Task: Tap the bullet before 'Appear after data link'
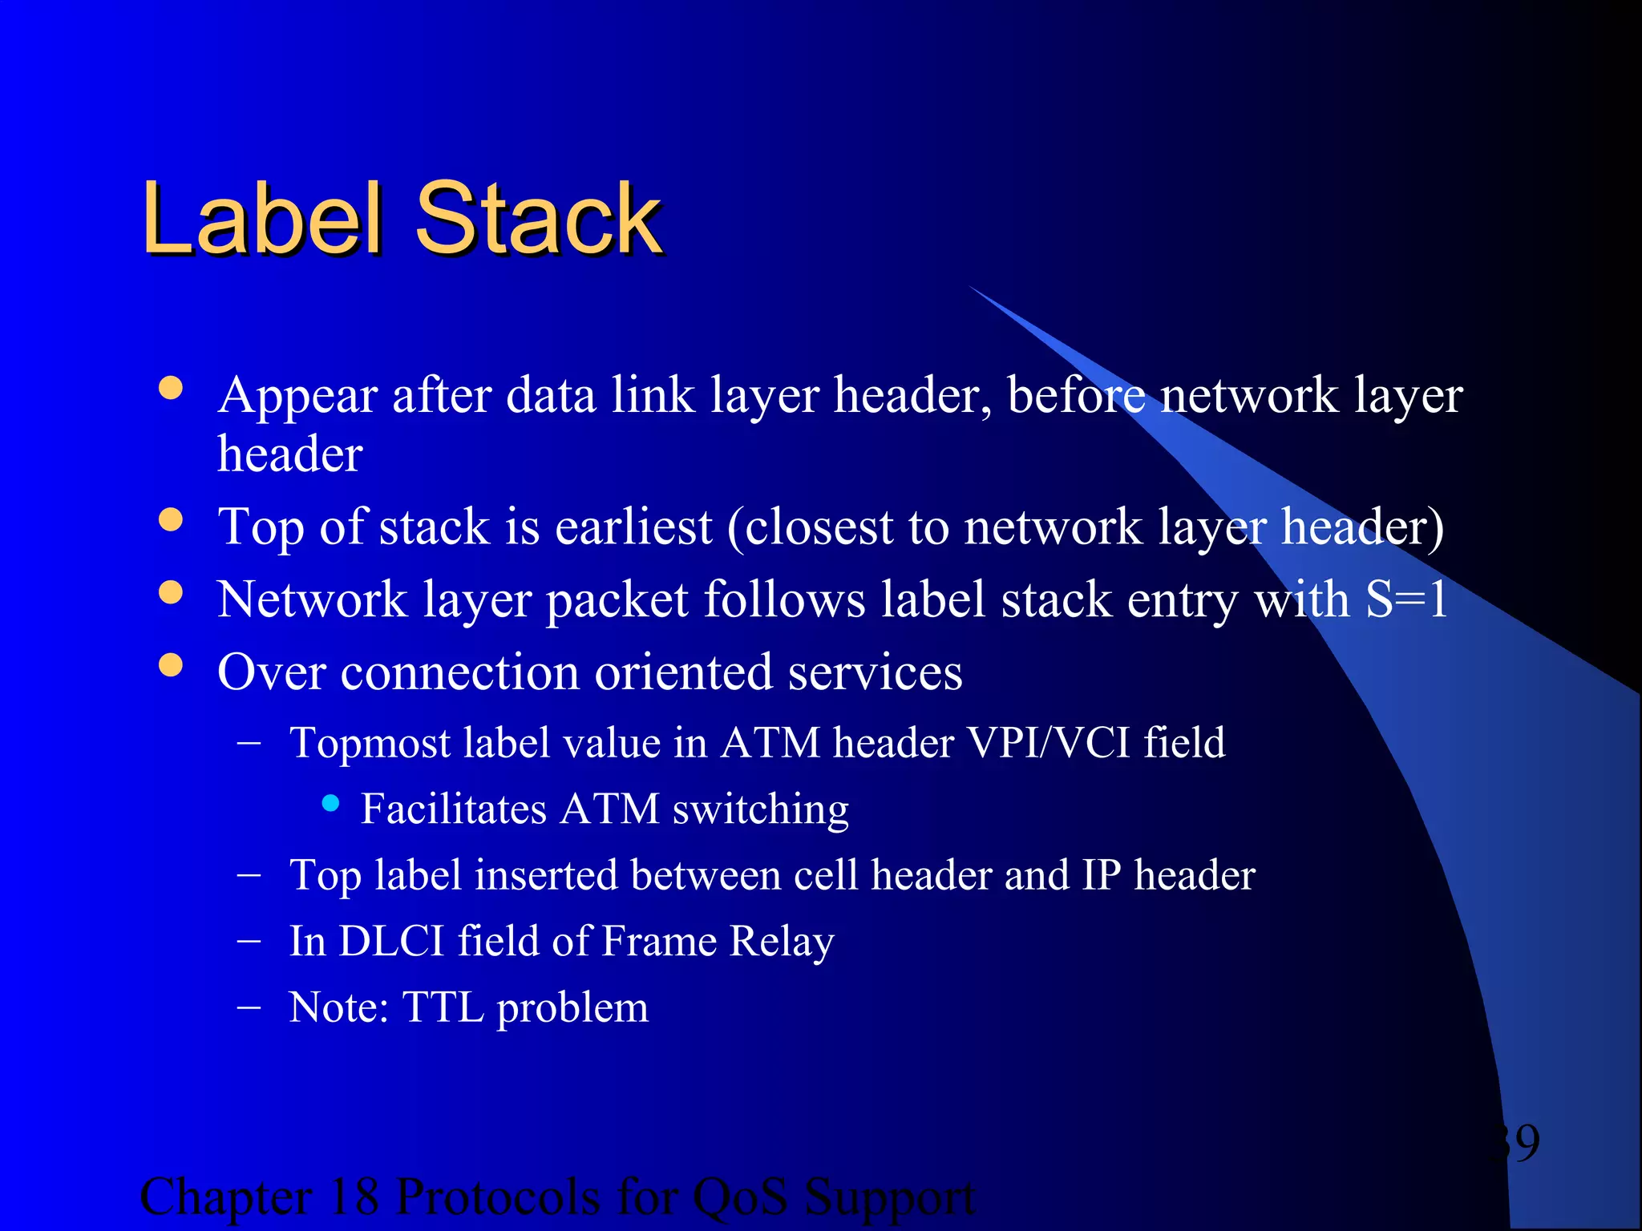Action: (x=171, y=389)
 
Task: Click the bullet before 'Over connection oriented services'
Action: (x=171, y=665)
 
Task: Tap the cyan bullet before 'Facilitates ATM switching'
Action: (x=330, y=802)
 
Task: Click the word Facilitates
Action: (x=454, y=809)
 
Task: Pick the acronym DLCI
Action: (x=392, y=941)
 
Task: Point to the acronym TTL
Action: (x=443, y=1007)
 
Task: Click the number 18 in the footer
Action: (x=353, y=1197)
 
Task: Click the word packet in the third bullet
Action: (x=617, y=601)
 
